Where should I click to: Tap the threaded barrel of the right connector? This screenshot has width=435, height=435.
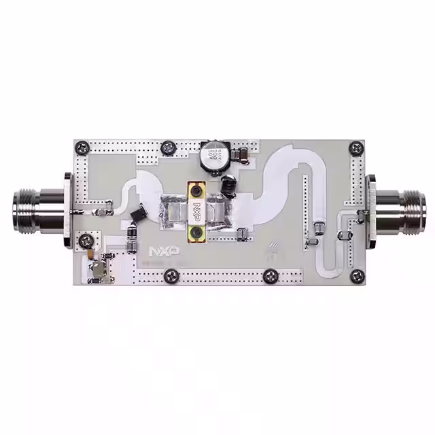tap(404, 210)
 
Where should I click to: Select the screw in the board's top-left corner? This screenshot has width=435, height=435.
tap(82, 146)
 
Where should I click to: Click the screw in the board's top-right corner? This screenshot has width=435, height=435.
tap(355, 147)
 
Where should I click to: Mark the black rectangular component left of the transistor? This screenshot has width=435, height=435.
tap(137, 214)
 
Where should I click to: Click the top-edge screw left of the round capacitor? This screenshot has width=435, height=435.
tap(168, 147)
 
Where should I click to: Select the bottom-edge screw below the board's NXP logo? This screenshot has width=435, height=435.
tap(171, 275)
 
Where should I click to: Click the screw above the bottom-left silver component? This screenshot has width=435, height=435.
tap(86, 241)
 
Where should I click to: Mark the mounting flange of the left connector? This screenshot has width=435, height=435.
tap(67, 211)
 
